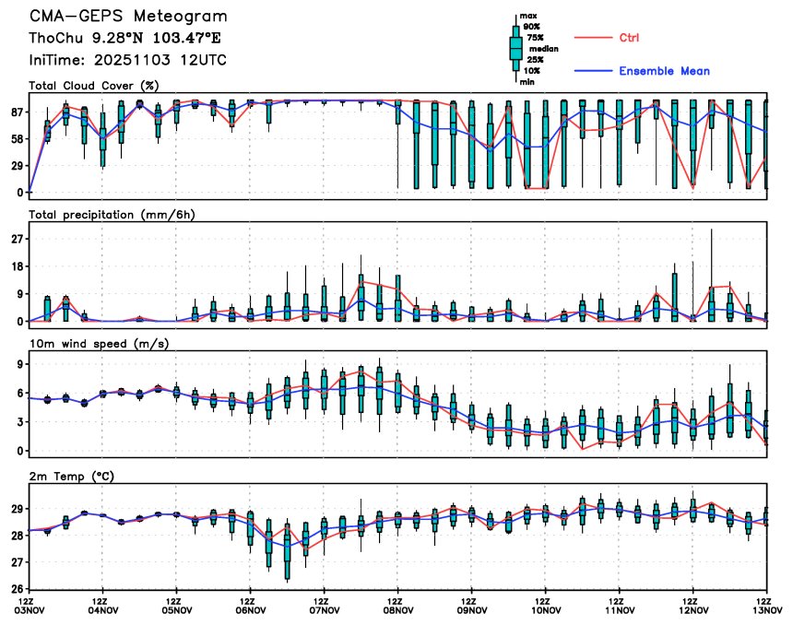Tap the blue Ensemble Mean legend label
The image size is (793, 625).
664,71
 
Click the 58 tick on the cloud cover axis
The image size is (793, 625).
18,139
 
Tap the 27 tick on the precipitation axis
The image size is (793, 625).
18,239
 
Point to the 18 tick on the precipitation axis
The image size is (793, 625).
18,266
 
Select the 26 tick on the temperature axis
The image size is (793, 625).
18,588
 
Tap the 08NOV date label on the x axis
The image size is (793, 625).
397,609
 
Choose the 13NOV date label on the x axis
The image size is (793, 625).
766,609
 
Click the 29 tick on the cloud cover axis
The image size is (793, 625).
18,166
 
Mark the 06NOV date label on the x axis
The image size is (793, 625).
250,609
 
